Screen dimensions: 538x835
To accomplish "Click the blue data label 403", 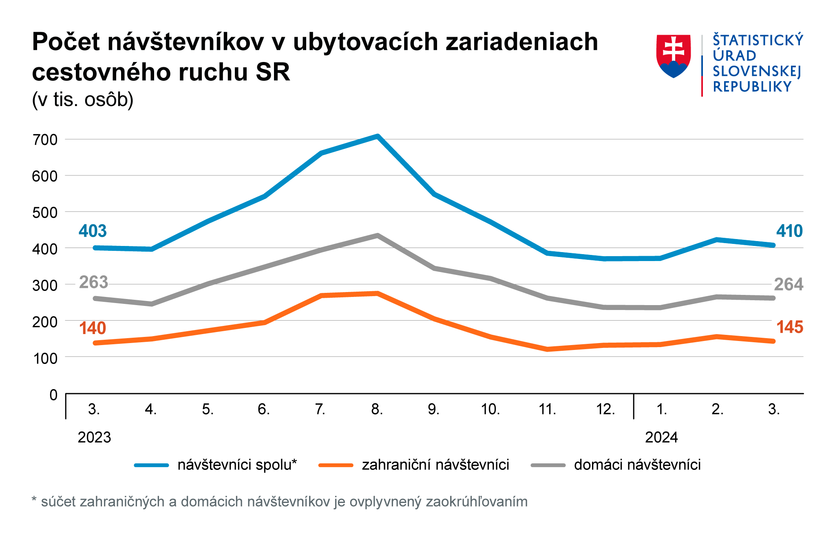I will coord(93,231).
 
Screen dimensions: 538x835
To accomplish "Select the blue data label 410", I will coord(789,231).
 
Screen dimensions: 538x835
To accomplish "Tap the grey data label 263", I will coord(93,282).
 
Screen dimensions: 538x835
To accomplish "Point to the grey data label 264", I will coord(789,284).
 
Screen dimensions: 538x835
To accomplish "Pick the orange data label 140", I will coord(93,328).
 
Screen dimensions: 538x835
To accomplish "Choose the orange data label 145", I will coord(789,327).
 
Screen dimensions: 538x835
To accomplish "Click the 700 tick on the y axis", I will coord(45,140).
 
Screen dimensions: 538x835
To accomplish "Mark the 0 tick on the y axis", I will coord(53,395).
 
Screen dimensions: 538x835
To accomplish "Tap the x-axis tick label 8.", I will coord(377,409).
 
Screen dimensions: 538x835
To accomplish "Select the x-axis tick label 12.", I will coord(605,409).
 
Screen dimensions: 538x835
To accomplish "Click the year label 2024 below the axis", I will coord(661,437).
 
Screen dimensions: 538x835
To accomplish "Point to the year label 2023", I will coord(94,437).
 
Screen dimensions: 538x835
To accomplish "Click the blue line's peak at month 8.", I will coord(378,136).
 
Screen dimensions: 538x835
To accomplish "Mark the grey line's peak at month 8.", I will coord(378,235).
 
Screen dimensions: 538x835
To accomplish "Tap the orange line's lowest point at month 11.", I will coord(548,349).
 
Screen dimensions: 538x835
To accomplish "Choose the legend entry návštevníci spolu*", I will coord(237,465).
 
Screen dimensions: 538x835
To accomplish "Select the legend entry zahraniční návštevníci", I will coord(435,465).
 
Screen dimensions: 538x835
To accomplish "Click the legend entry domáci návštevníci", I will coord(637,465).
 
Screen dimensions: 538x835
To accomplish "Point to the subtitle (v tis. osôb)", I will coord(83,100).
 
